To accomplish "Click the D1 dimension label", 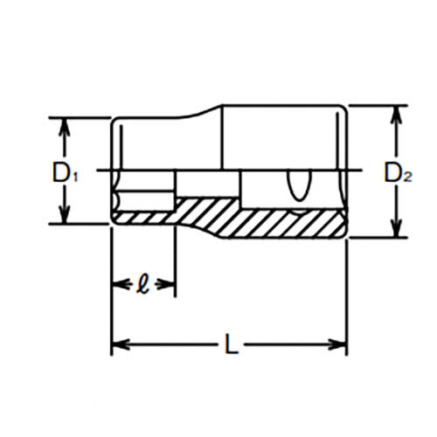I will click(x=64, y=173).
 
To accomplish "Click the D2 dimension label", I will click(x=398, y=172).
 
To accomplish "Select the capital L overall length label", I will click(x=229, y=345).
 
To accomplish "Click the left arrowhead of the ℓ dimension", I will click(x=117, y=284).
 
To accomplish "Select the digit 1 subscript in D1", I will click(x=75, y=177).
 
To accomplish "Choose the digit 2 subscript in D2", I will click(x=408, y=177).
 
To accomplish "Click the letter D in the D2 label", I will click(x=392, y=172).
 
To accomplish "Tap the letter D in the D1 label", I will click(x=59, y=173).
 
